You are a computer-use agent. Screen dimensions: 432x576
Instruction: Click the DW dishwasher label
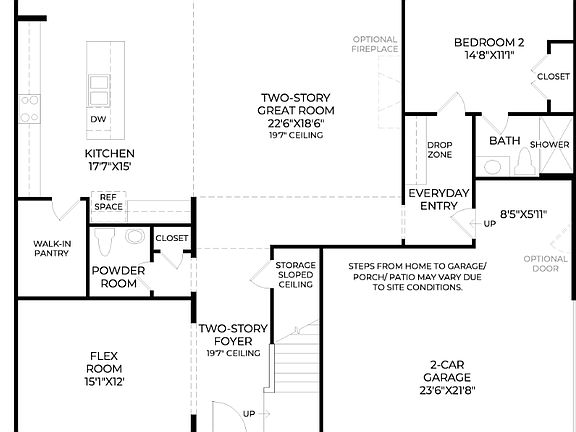(x=98, y=119)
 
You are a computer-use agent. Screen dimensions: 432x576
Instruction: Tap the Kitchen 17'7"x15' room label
(x=108, y=160)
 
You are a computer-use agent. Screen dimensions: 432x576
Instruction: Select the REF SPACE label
(x=108, y=202)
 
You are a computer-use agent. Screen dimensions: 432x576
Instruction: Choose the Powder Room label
(x=118, y=276)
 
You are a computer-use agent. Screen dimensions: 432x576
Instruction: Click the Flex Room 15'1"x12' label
(x=106, y=368)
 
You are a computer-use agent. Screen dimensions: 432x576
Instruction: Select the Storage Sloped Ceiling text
(x=296, y=275)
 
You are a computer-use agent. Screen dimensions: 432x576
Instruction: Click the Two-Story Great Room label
(x=296, y=111)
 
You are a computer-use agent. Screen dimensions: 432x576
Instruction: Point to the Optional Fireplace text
(x=375, y=44)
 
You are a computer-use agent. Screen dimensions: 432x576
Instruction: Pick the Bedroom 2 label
(x=489, y=48)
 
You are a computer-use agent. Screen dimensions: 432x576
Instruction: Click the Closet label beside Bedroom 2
(x=553, y=77)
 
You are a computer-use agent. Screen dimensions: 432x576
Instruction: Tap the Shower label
(x=549, y=144)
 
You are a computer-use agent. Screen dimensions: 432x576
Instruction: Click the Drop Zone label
(x=439, y=150)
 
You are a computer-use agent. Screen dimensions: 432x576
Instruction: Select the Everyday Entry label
(x=438, y=199)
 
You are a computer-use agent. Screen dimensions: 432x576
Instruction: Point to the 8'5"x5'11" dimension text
(x=525, y=213)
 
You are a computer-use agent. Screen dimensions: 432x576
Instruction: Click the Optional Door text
(x=545, y=264)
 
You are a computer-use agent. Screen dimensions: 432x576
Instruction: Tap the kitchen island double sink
(x=99, y=88)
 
